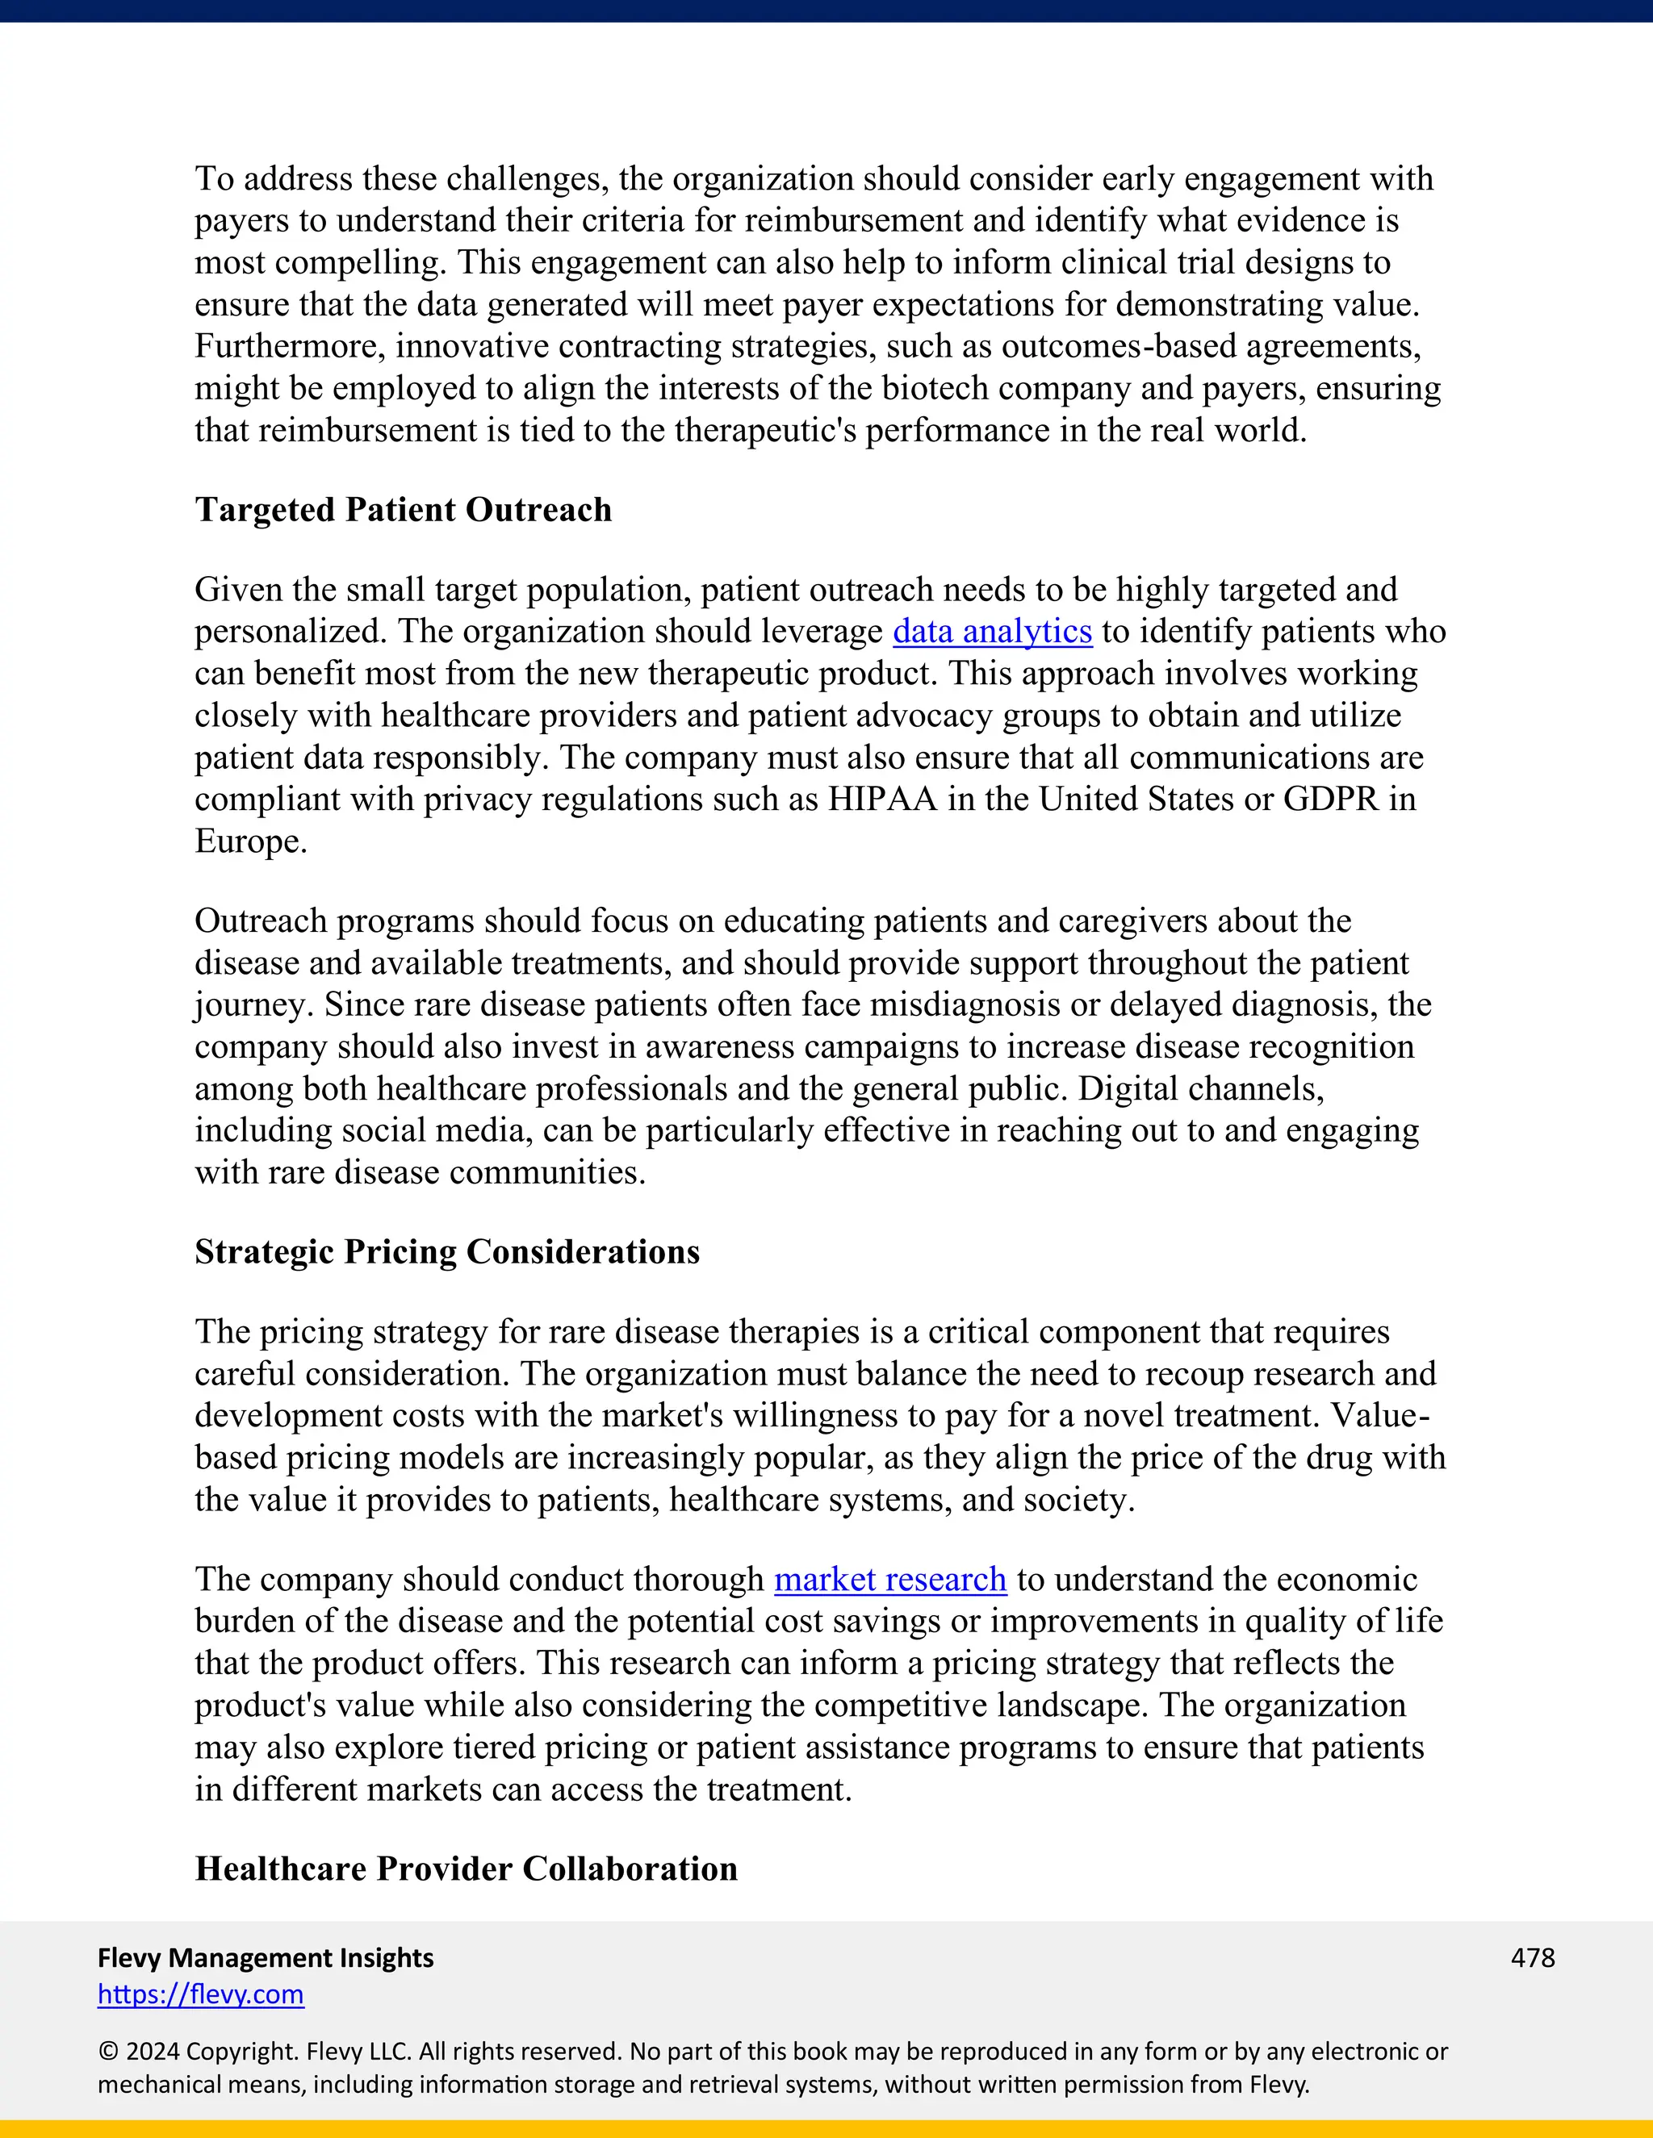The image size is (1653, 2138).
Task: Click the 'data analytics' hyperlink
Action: [992, 632]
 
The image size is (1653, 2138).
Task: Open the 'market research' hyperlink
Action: [890, 1580]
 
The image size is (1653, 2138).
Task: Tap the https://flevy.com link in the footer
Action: [201, 1994]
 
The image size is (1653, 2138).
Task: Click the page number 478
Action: [1533, 1958]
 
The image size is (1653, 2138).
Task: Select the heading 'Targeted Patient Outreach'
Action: [403, 510]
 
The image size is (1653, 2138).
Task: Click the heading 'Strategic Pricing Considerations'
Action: [446, 1252]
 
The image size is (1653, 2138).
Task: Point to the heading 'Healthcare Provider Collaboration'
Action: [467, 1869]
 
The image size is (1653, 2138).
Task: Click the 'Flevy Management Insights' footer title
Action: [266, 1958]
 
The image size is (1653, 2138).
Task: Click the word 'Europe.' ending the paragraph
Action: [251, 841]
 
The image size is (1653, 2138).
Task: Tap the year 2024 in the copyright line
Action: [151, 2052]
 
